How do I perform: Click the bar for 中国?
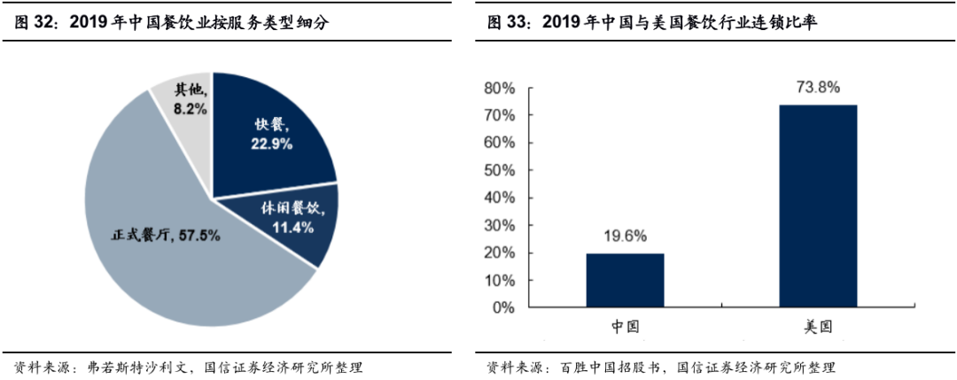[x=625, y=280]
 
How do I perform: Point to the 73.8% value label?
[x=818, y=88]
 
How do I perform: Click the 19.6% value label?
[x=625, y=236]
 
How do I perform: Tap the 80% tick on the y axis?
[x=499, y=89]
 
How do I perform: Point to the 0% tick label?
[x=503, y=308]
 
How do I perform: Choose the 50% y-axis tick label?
[x=499, y=171]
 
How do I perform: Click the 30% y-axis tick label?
[x=499, y=226]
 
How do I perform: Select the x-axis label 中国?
[x=625, y=326]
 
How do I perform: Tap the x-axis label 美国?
[x=818, y=326]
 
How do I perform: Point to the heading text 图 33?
[x=507, y=22]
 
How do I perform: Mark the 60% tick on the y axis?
[x=499, y=143]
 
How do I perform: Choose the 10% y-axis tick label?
[x=499, y=281]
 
